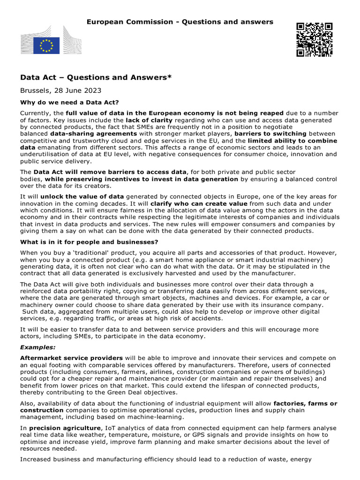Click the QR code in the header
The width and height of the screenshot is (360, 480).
point(314,39)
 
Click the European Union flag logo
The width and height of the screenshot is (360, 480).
point(46,45)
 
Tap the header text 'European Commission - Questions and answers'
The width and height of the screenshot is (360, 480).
point(180,22)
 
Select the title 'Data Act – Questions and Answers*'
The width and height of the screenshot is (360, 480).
point(96,77)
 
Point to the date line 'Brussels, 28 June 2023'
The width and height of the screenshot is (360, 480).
point(60,90)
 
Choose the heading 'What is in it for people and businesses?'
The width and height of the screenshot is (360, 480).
point(89,242)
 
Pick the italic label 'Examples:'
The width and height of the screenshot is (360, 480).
point(37,347)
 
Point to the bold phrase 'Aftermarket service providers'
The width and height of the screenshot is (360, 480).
point(71,358)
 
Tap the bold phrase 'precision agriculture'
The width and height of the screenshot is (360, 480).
point(64,428)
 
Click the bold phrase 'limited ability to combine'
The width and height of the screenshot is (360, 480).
point(292,141)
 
